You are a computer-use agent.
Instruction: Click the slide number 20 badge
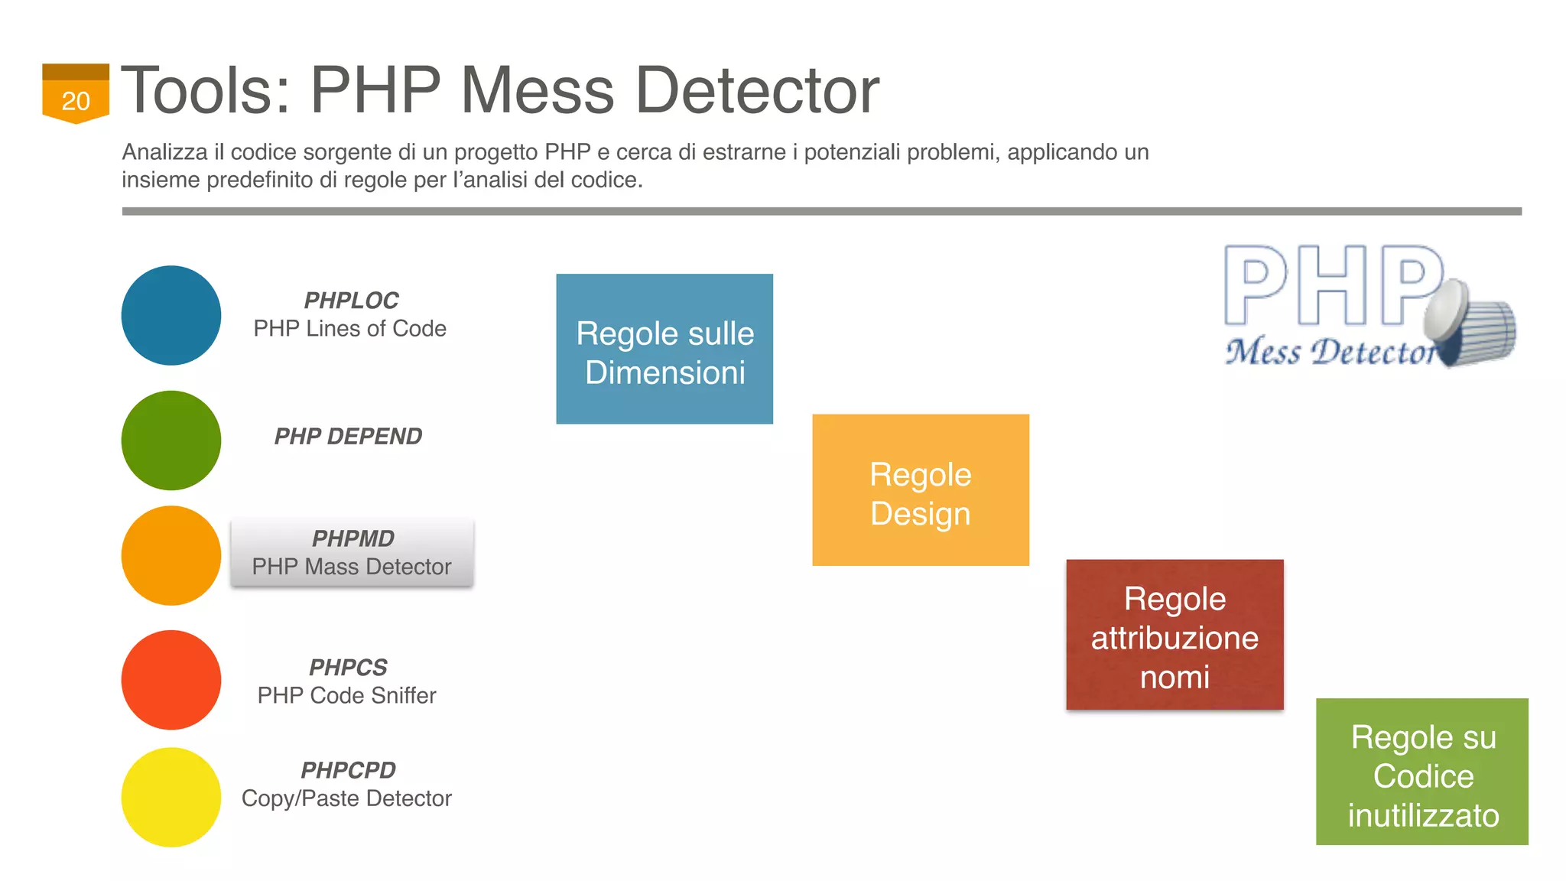[75, 94]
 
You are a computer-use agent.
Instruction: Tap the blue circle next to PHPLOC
[171, 315]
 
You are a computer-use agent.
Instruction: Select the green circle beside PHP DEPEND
[171, 440]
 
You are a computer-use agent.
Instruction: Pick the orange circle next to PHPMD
[171, 555]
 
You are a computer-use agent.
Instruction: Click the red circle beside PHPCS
[171, 680]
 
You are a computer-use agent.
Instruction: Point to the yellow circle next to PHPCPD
[171, 797]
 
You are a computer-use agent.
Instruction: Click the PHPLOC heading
[351, 301]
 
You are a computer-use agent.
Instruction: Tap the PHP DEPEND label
[348, 437]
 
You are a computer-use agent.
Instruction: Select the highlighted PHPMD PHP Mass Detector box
[353, 553]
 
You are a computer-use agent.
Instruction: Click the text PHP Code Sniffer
[346, 696]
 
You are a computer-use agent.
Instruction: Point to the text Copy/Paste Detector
[346, 798]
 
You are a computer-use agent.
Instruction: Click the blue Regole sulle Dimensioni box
[664, 349]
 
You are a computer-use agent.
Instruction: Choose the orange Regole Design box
[921, 490]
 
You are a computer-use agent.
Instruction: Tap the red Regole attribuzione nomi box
[1174, 635]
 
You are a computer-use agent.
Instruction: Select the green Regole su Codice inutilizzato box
[1421, 772]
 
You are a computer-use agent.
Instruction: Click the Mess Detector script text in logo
[1330, 353]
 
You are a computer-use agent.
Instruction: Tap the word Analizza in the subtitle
[165, 152]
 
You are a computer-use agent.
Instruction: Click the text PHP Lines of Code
[349, 329]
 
